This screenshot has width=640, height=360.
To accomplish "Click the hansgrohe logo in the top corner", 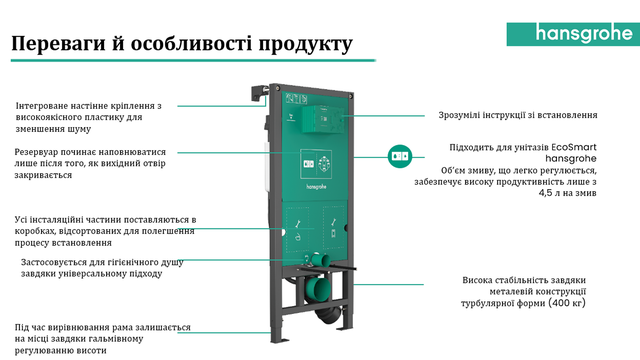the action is [x=573, y=34].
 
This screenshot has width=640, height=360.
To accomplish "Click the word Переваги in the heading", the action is [x=58, y=44].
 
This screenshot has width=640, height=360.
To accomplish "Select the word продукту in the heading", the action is [x=305, y=44].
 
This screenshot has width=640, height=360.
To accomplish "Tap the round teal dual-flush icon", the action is [x=400, y=156].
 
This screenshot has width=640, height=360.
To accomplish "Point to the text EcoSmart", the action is [x=573, y=147].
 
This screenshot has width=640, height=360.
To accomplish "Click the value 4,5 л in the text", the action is [x=549, y=193].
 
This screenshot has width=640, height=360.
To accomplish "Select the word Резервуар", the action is [x=36, y=152].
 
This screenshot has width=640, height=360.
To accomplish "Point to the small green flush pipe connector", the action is [x=319, y=260].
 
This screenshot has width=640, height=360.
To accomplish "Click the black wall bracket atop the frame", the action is [x=259, y=93].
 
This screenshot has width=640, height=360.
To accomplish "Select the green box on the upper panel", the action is [x=322, y=119].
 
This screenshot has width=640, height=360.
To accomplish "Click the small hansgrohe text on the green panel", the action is [x=316, y=187].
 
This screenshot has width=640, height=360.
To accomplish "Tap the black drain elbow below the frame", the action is [x=328, y=314].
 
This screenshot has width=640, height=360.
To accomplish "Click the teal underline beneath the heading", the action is [x=193, y=60].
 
